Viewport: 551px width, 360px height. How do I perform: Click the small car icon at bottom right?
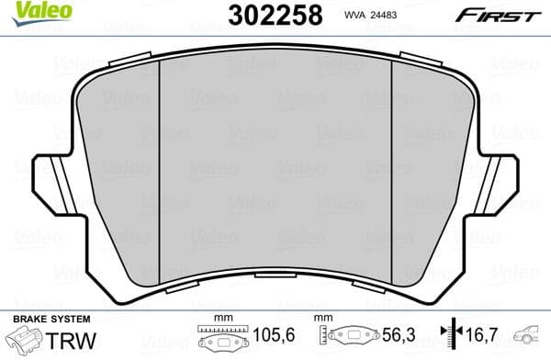click(530, 337)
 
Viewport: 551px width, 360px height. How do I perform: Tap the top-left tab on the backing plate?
click(133, 62)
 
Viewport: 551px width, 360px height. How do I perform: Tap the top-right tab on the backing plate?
click(420, 62)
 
